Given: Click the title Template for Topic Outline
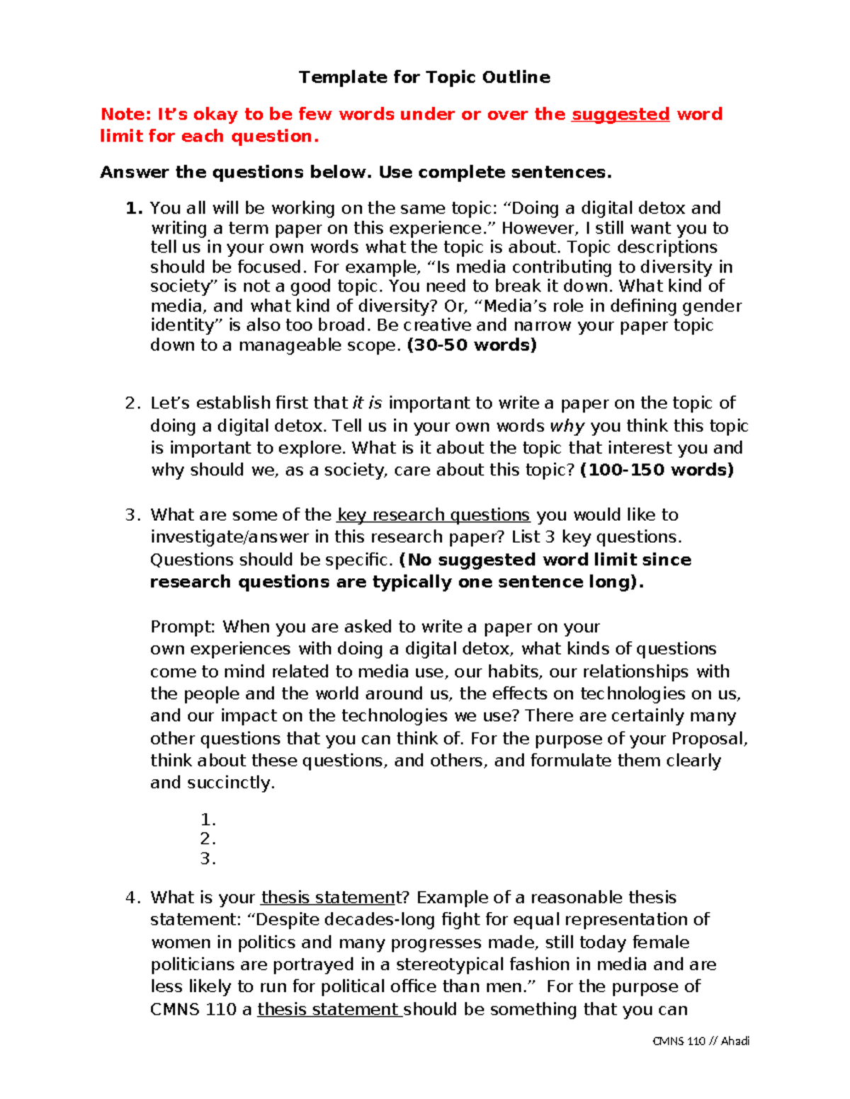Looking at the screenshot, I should (424, 77).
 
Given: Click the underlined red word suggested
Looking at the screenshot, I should (620, 114).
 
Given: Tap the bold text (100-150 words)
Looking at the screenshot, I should (657, 470).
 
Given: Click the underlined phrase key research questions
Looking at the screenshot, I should (433, 514).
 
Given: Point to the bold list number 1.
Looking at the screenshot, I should (135, 208).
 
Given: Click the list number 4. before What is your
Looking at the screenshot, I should (133, 897).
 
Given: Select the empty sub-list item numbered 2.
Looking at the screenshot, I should (208, 839).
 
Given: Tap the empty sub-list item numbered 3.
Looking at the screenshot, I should (208, 859).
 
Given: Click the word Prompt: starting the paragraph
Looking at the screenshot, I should (183, 627).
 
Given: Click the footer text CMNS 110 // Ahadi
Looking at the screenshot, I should (701, 1041).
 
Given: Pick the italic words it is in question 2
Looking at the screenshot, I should (367, 403).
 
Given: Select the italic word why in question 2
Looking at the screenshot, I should (567, 426).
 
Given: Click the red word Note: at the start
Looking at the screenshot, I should (125, 114).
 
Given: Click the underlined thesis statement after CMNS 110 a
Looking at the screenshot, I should (329, 1009).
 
